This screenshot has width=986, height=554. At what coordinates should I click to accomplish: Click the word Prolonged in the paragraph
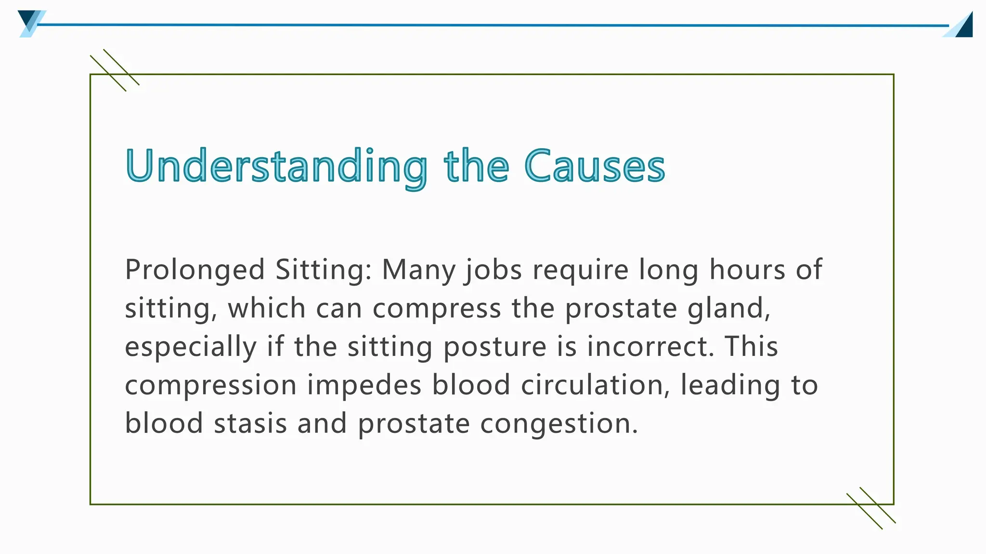point(195,270)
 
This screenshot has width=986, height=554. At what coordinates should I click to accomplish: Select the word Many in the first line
point(418,270)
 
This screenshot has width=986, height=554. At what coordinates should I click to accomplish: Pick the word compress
point(437,309)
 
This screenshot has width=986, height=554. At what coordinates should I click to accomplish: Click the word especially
point(191,347)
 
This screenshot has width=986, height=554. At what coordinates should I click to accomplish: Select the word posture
point(494,347)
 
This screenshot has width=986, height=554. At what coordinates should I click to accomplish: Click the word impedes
point(364,386)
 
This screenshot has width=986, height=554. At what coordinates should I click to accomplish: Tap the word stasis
point(250,424)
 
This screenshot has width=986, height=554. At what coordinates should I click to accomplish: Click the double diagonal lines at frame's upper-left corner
point(115,70)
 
